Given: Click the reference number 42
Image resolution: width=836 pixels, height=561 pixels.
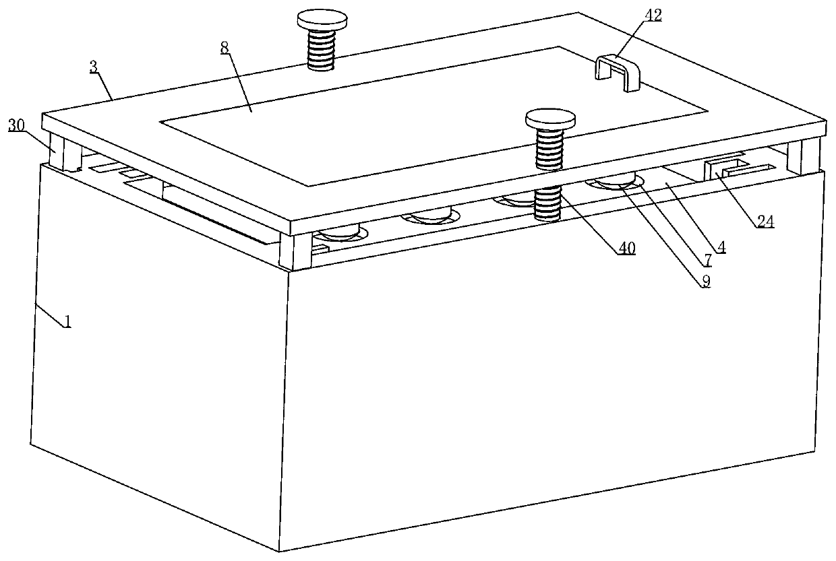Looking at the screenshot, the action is [653, 15].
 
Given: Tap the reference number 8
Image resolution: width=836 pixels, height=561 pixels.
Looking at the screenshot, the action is [225, 48].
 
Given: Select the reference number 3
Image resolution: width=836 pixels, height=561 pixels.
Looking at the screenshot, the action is [93, 67].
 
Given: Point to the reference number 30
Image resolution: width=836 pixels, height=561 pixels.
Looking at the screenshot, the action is [16, 125].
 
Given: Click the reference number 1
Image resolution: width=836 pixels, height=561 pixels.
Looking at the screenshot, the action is [67, 321].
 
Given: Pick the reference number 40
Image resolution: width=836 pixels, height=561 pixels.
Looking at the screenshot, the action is [626, 249].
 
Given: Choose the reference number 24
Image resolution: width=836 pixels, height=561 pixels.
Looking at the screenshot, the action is [765, 222].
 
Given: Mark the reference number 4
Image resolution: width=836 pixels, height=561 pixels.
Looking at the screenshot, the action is [721, 246].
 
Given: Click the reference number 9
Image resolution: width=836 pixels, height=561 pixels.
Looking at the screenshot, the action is [706, 282].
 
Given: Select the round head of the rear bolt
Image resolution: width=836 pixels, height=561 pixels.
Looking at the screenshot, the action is [322, 20].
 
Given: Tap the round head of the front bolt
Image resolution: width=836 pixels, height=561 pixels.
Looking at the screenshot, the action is [550, 119].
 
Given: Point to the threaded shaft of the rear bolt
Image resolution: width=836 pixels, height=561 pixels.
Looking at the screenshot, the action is [322, 50].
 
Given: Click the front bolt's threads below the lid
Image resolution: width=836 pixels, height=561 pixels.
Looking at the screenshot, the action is [548, 203].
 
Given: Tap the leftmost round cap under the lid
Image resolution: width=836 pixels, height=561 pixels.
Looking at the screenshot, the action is [340, 232].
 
